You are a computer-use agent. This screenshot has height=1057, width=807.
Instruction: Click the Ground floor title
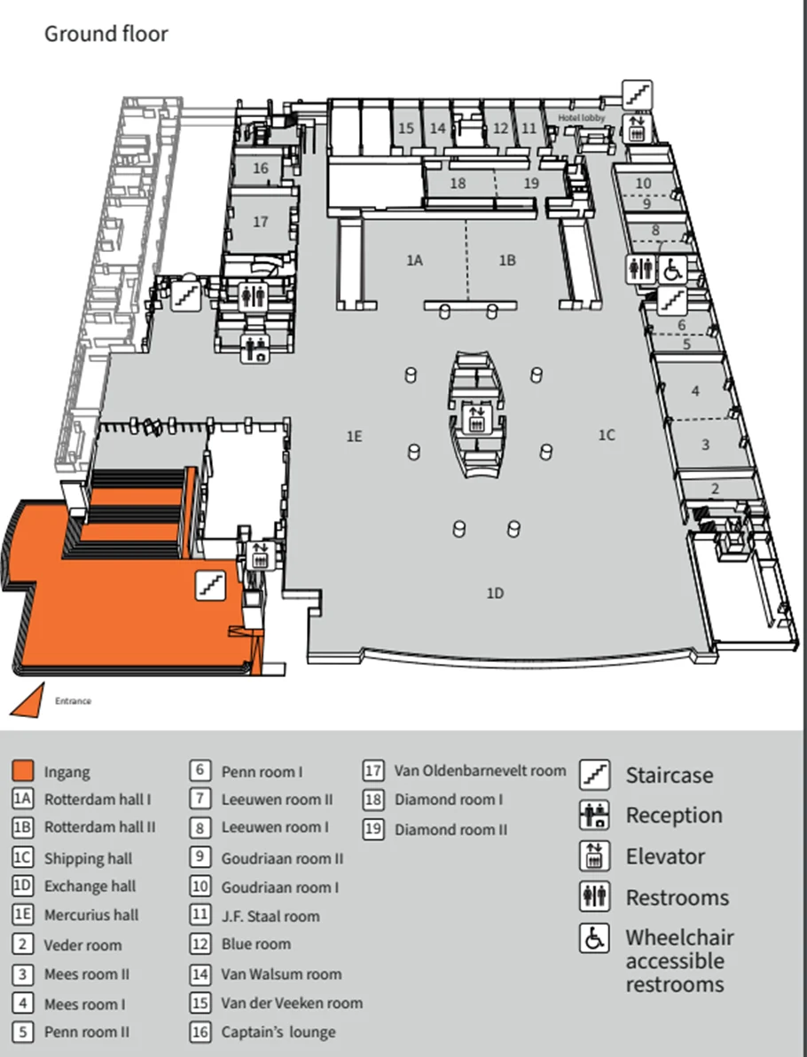(x=106, y=35)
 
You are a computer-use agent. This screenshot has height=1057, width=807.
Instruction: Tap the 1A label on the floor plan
(x=414, y=260)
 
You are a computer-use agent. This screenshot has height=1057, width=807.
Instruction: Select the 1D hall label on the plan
(x=495, y=593)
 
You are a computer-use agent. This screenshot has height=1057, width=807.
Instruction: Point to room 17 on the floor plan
(x=260, y=221)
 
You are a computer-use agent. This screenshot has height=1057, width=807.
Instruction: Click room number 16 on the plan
(x=260, y=168)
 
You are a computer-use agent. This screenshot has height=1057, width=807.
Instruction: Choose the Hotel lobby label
(x=581, y=117)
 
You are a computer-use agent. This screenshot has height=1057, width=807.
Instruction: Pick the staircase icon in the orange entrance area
(x=210, y=585)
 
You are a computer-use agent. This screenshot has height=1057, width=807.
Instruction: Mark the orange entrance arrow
(x=27, y=701)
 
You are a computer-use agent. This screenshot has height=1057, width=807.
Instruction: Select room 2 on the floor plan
(x=715, y=488)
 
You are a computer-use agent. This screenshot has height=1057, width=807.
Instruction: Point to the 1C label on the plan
(x=606, y=435)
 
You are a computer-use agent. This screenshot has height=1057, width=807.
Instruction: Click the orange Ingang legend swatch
(x=23, y=770)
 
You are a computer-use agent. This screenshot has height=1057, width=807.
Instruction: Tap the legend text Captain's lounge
(x=278, y=1032)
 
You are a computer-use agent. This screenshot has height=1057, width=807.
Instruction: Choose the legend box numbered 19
(x=373, y=830)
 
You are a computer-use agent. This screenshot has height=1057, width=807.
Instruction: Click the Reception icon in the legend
(x=594, y=815)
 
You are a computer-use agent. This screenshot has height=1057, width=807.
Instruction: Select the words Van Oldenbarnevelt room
(x=480, y=770)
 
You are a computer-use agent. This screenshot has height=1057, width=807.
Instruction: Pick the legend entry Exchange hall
(x=90, y=886)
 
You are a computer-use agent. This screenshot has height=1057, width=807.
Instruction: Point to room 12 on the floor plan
(x=500, y=129)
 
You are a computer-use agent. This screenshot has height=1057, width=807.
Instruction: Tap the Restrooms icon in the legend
(x=594, y=897)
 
